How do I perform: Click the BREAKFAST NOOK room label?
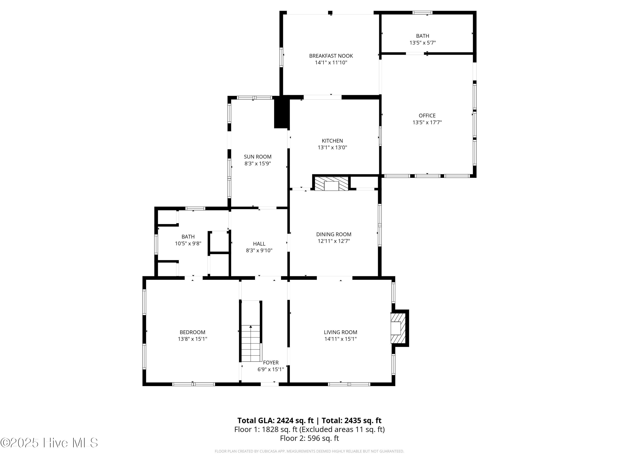coord(331,56)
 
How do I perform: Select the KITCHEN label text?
coord(332,141)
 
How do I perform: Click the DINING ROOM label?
coord(334,234)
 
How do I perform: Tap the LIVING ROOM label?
coord(340,332)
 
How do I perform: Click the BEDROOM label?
coord(192,332)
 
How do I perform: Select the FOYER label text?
coord(271,363)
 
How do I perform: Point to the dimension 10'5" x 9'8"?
coord(188,244)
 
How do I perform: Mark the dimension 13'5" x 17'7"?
coord(427,122)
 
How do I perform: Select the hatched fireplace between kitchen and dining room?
coord(332,184)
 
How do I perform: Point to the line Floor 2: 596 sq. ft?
coord(309,438)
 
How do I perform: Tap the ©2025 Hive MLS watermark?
coord(49,443)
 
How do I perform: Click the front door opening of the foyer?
coord(269,384)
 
